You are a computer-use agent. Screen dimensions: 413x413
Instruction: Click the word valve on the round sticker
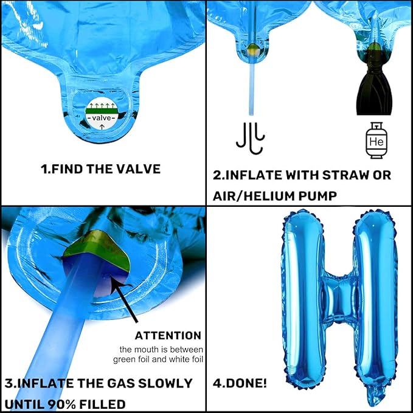coord(102,118)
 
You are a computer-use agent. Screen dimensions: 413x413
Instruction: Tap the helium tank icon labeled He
coord(377,141)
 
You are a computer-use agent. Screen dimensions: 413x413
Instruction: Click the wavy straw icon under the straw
coord(251,137)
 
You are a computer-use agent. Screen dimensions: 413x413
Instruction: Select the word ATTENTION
coord(168,336)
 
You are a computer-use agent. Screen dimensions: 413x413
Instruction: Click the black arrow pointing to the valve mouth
coord(124,301)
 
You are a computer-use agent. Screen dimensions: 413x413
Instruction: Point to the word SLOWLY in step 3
coord(165,383)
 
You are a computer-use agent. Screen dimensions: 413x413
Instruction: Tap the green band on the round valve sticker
coord(102,111)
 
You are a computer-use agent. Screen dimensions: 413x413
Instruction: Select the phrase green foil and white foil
coord(158,359)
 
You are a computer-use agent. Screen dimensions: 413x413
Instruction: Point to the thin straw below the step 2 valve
coord(252,87)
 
